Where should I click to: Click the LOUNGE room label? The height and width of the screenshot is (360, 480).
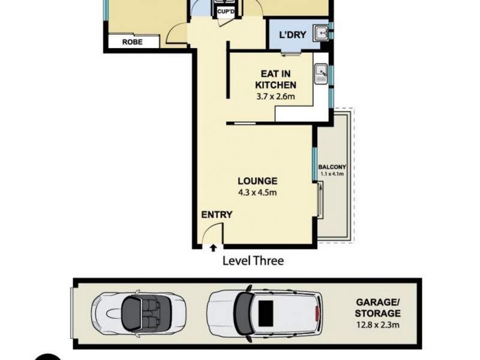coord(257,181)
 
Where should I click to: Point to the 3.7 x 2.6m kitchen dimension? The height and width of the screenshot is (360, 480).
coord(275,95)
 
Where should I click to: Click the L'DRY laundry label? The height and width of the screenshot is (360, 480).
coord(293,35)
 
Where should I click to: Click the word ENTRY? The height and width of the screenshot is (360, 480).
coord(217,215)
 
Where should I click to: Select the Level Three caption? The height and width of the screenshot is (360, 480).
coord(253,260)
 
